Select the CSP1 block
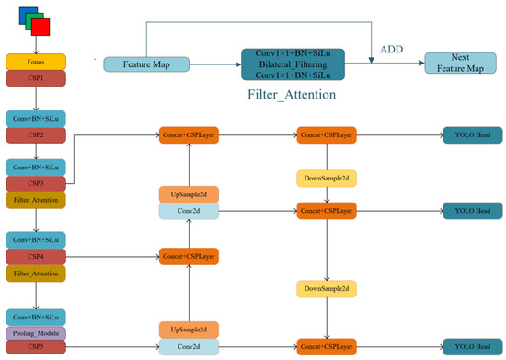coord(34,78)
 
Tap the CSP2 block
coord(34,134)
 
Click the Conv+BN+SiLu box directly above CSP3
coord(34,168)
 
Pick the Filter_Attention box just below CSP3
coord(34,199)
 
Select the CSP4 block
coord(34,255)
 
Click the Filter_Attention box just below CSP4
coord(34,273)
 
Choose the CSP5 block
coord(34,347)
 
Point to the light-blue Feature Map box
coord(145,64)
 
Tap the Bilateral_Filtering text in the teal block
coord(293,64)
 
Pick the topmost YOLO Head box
coord(472,134)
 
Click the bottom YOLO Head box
coord(472,347)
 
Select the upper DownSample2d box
coord(326,176)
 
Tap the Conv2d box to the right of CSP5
coord(189,347)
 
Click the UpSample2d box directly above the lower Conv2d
coord(189,329)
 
